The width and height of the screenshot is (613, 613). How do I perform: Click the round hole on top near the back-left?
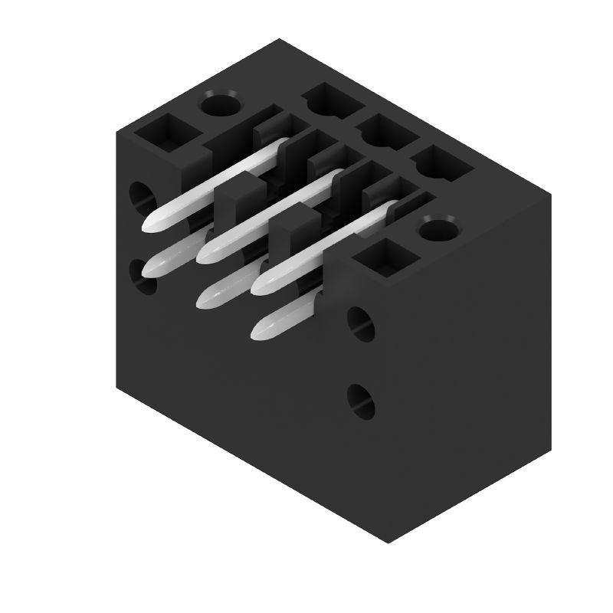[x=220, y=103]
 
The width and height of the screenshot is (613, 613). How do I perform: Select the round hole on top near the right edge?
[x=438, y=229]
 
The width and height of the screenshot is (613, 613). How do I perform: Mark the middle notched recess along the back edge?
[x=382, y=133]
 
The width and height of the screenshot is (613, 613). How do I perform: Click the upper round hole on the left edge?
[x=141, y=196]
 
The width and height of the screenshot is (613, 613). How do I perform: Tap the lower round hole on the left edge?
[x=142, y=277]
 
